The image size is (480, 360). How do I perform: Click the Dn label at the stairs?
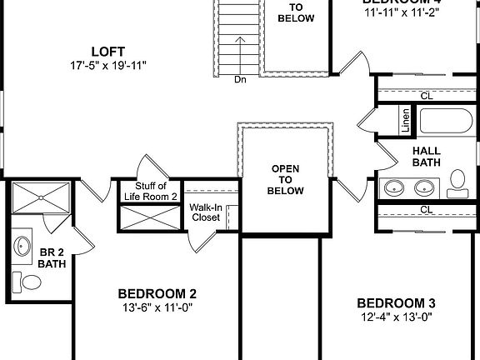[240, 80]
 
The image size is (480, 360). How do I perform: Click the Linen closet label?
[406, 120]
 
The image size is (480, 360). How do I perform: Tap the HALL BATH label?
[427, 157]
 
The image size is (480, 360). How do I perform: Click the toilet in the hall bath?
[457, 181]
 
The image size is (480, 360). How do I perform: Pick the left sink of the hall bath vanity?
[394, 187]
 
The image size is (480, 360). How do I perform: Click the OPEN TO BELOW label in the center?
[286, 179]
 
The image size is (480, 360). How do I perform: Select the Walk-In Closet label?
[205, 212]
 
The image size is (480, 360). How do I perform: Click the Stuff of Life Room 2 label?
[151, 191]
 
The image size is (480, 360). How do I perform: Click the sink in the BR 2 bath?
[21, 247]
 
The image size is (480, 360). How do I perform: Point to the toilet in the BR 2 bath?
[30, 283]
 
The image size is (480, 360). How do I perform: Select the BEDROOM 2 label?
[157, 293]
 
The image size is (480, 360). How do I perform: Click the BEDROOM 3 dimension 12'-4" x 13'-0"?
[396, 317]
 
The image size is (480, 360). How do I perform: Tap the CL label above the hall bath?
[427, 96]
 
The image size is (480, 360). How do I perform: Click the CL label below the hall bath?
[427, 209]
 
